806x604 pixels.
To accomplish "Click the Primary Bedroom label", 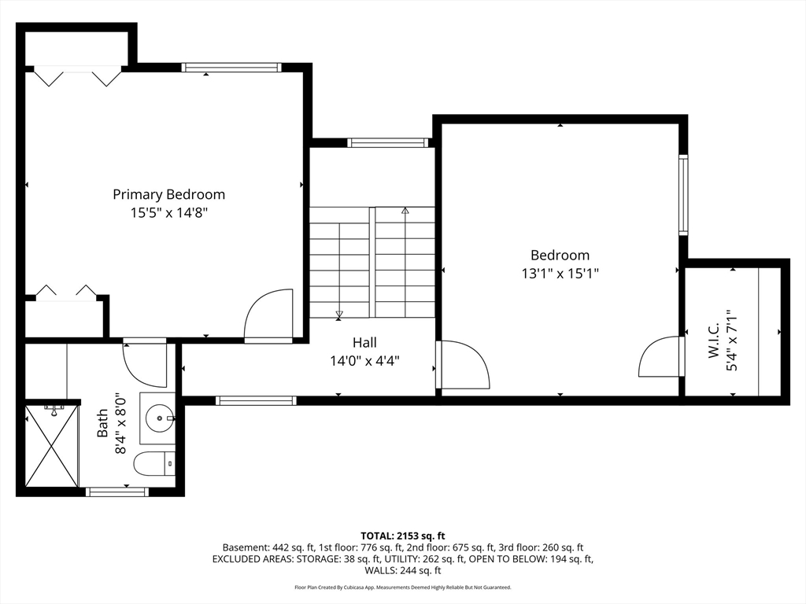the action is (168, 195).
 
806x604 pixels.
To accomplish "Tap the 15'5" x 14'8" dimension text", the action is (168, 212).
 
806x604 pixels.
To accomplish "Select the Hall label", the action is (364, 343).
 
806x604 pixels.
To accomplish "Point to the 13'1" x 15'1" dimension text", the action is (560, 273).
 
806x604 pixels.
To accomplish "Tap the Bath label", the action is (103, 423).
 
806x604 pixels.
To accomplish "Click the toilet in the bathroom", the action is (154, 464).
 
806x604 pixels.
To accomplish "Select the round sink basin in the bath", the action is (159, 418).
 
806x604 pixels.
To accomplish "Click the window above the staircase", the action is (387, 143).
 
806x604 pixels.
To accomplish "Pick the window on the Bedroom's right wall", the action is (683, 195).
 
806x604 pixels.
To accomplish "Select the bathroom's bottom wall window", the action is (116, 492).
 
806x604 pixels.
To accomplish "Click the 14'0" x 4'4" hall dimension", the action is (364, 361).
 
